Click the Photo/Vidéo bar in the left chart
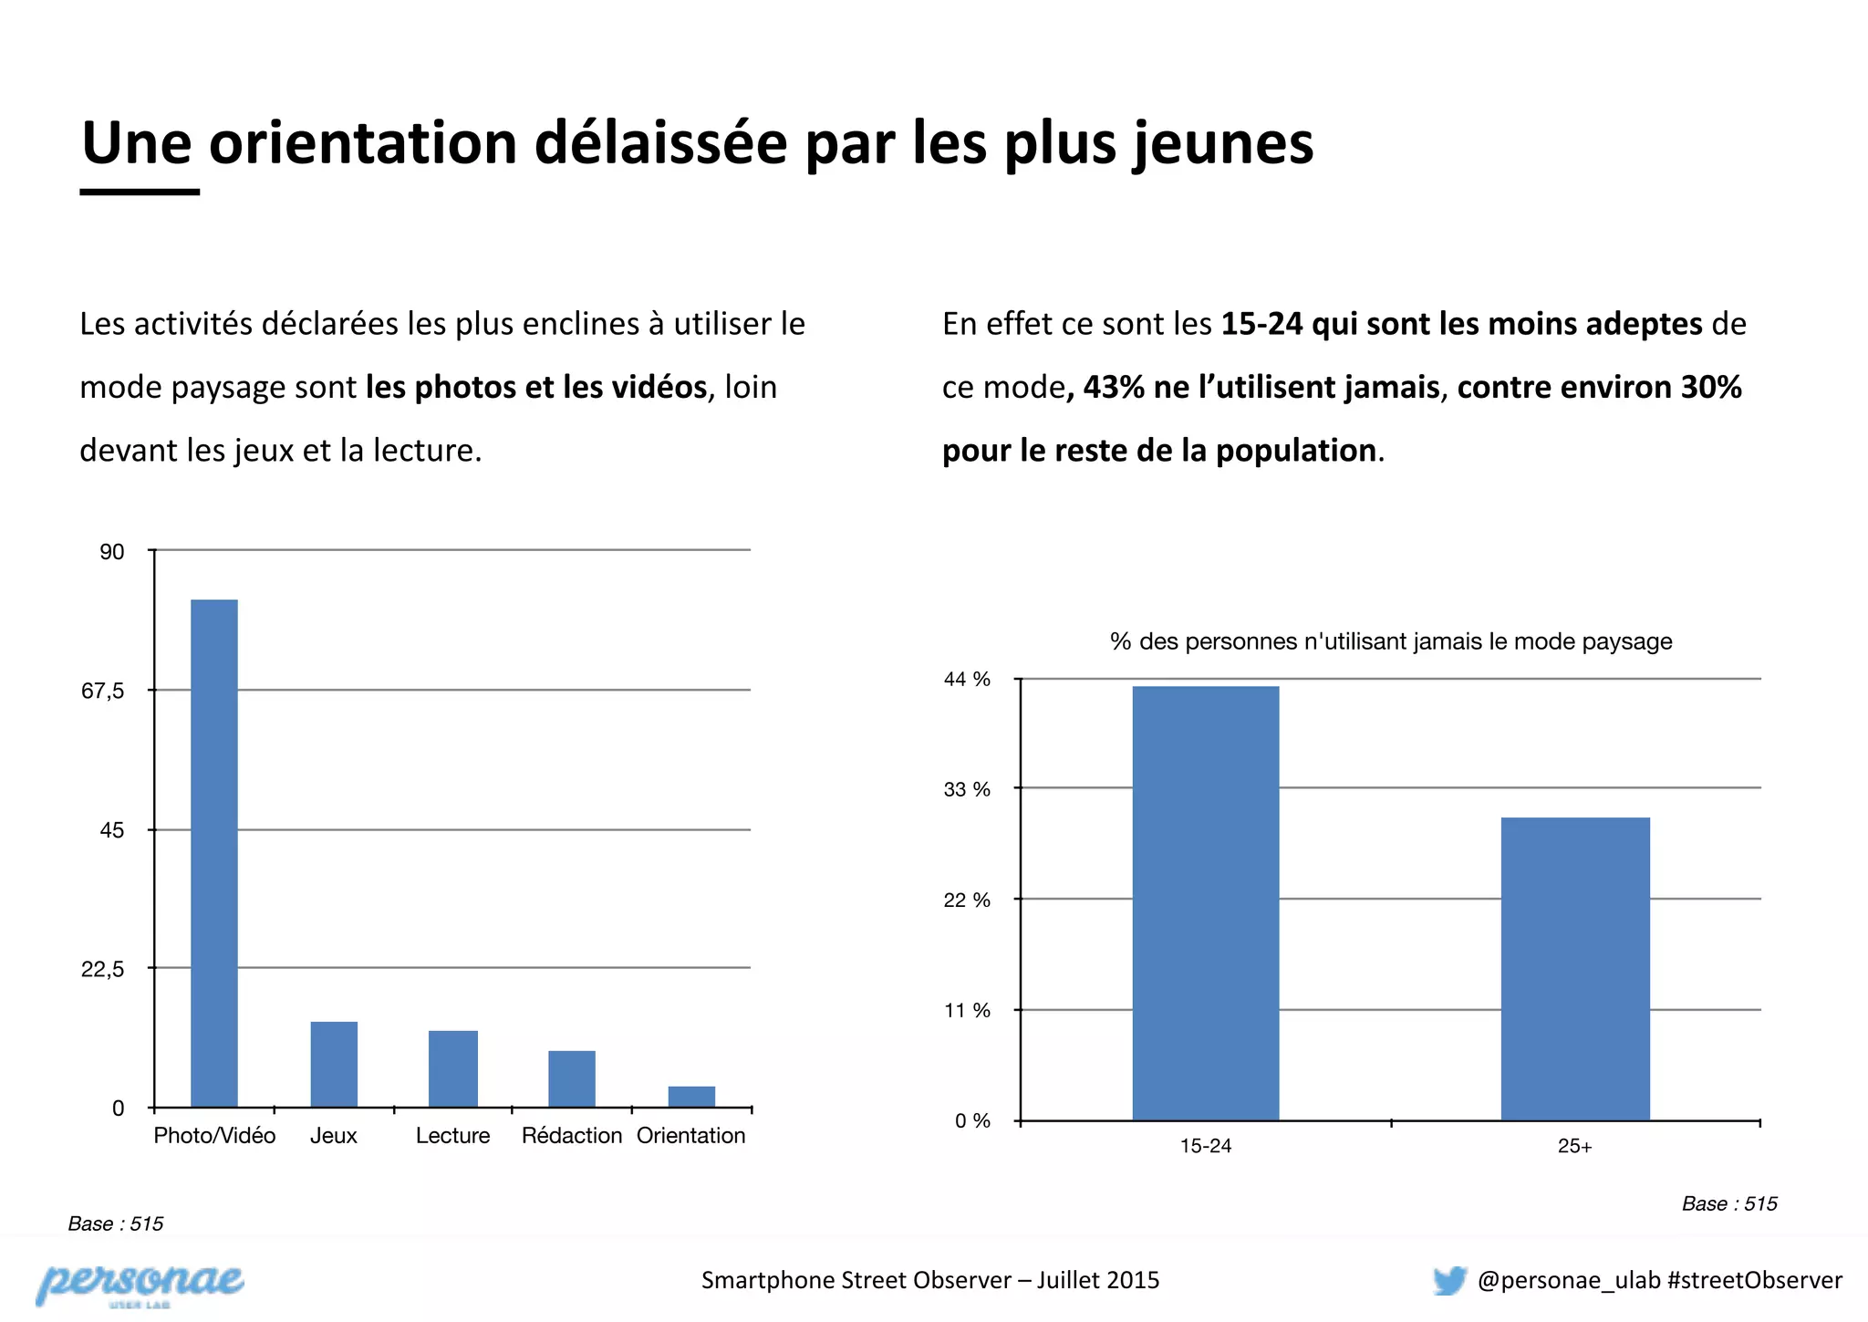(x=214, y=853)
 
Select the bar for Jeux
(x=334, y=1064)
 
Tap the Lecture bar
(x=453, y=1068)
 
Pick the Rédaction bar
(x=572, y=1078)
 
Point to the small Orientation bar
(x=691, y=1097)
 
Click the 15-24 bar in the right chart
(x=1206, y=903)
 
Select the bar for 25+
(x=1575, y=969)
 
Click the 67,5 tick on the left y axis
(x=103, y=691)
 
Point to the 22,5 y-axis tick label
(x=103, y=969)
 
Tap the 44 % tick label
(x=967, y=680)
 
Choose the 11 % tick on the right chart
(x=967, y=1011)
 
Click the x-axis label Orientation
(x=690, y=1136)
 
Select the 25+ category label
(x=1575, y=1147)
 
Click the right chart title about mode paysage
(x=1391, y=641)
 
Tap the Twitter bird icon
(x=1448, y=1280)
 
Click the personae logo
(x=140, y=1283)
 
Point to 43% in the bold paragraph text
(x=1113, y=388)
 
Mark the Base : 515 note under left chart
(x=116, y=1223)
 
